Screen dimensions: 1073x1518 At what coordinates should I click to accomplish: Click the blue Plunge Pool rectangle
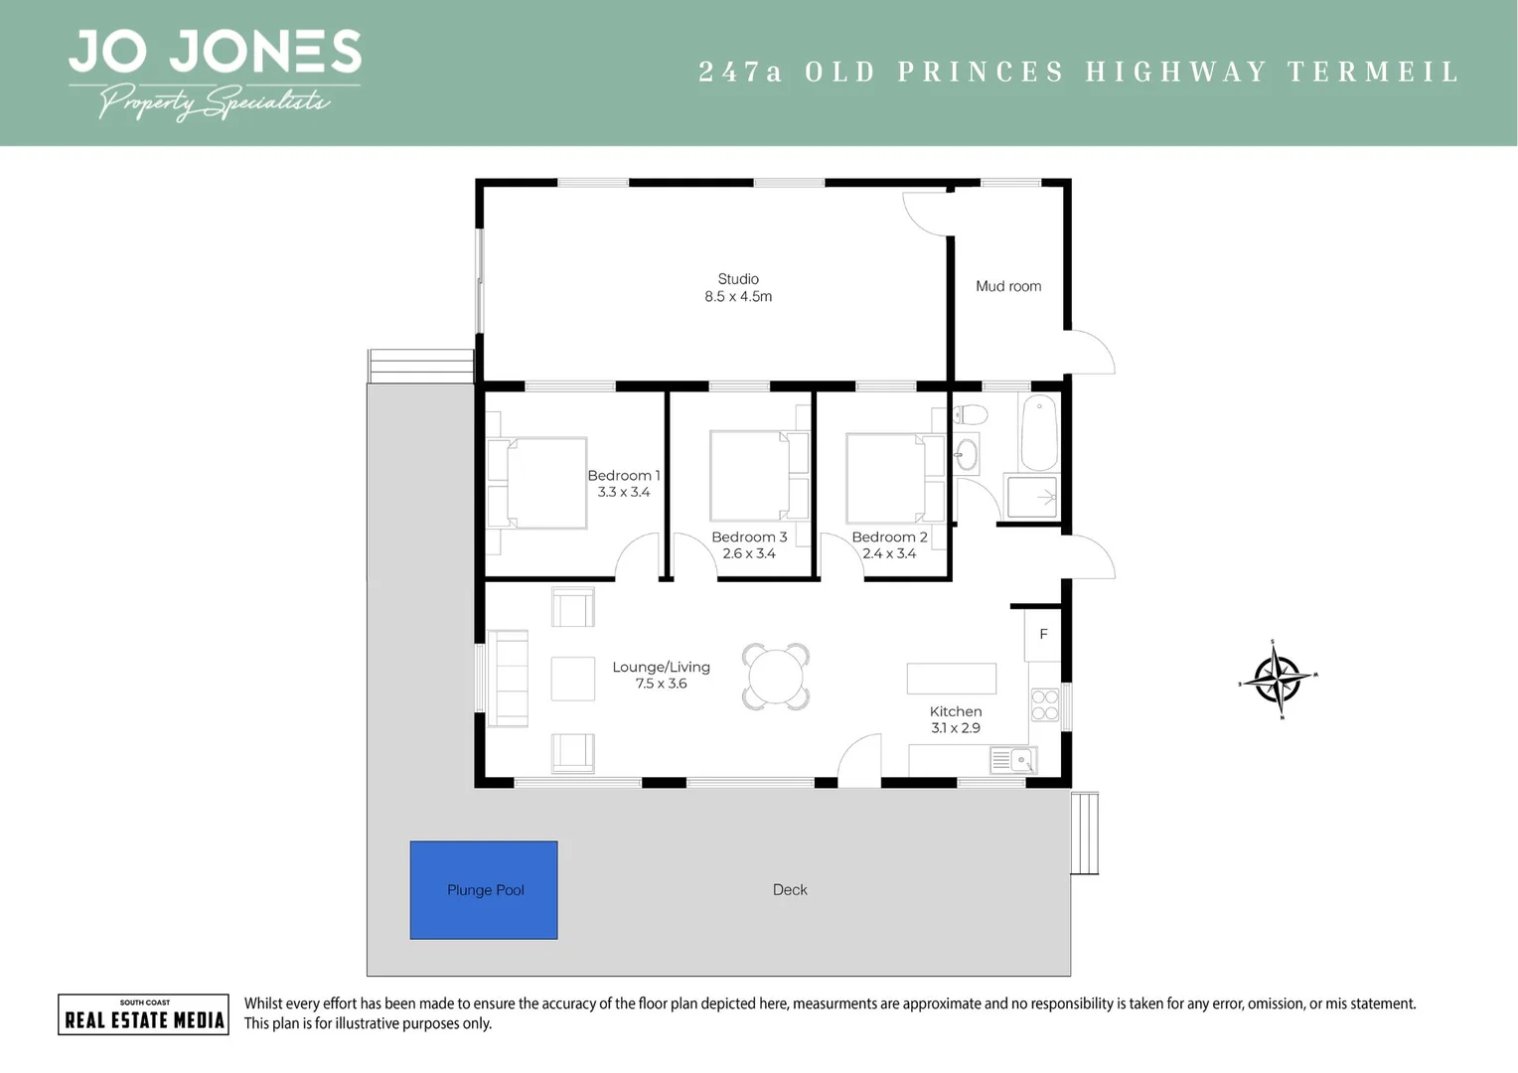click(484, 890)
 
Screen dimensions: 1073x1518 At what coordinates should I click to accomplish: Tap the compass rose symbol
click(1278, 680)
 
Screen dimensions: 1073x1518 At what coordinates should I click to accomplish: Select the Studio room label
click(738, 279)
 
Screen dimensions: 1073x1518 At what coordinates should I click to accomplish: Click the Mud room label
click(1008, 286)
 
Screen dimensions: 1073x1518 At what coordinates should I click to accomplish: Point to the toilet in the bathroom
click(970, 414)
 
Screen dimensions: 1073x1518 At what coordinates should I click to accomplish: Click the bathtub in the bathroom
click(1039, 433)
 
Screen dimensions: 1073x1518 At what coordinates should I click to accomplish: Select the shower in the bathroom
click(1032, 497)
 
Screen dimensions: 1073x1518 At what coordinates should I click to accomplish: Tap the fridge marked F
click(1043, 634)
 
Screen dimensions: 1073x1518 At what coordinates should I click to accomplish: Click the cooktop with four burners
click(1044, 705)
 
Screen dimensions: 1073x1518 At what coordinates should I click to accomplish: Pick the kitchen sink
click(1013, 761)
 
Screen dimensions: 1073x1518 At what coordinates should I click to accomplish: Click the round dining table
click(776, 677)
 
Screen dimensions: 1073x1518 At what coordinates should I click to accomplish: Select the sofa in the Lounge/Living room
click(508, 679)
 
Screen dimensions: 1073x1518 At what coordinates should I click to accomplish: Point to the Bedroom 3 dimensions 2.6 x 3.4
click(749, 553)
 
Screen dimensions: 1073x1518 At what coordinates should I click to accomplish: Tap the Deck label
click(790, 890)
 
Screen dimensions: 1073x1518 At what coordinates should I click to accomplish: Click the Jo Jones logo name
click(215, 52)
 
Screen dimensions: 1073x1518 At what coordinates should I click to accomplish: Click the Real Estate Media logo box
click(144, 1014)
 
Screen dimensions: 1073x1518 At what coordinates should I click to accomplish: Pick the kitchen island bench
click(951, 679)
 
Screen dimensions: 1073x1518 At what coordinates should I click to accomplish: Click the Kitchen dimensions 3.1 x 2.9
click(956, 728)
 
